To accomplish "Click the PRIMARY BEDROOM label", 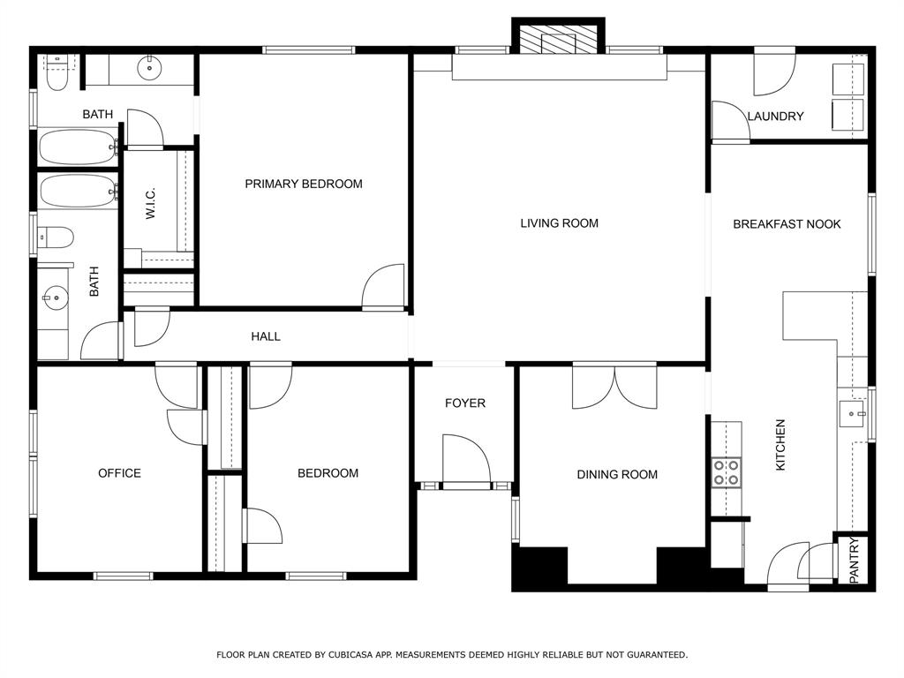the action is click(x=304, y=184).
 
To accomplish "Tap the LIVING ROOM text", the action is click(x=559, y=223).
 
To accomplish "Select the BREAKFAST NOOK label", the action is click(x=787, y=223).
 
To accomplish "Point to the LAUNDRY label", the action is click(x=775, y=117).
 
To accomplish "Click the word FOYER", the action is click(x=464, y=403).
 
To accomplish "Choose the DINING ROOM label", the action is click(x=617, y=474).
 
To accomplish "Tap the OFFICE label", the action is click(x=119, y=473).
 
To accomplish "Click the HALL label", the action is click(x=266, y=336).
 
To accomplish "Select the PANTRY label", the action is click(x=855, y=561).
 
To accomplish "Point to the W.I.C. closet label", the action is click(x=151, y=204).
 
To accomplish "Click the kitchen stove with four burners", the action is click(x=727, y=472).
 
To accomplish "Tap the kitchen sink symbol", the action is click(x=853, y=414).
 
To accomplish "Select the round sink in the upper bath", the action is click(x=149, y=68).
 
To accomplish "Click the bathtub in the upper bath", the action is click(x=79, y=147).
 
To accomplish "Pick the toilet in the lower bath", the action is click(x=56, y=237).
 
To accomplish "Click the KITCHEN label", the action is click(x=780, y=445).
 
